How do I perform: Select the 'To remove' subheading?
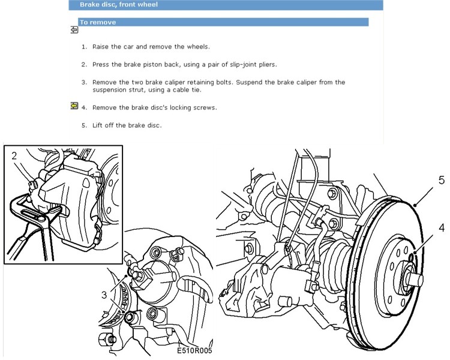pyautogui.click(x=98, y=22)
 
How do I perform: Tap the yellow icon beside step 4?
pyautogui.click(x=74, y=106)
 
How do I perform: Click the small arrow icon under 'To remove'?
pyautogui.click(x=74, y=29)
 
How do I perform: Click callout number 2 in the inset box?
pyautogui.click(x=14, y=155)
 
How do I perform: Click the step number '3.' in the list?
pyautogui.click(x=85, y=82)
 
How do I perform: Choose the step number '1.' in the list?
pyautogui.click(x=85, y=46)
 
